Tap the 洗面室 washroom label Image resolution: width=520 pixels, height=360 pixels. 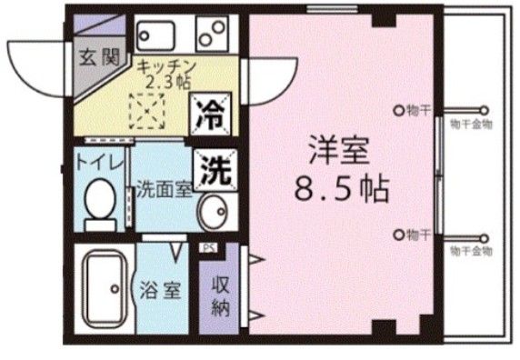(164, 191)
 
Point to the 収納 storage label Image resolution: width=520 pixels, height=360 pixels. (221, 293)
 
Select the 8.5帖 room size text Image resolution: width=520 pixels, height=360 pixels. (341, 190)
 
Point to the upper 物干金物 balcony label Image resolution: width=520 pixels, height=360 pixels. (471, 125)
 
